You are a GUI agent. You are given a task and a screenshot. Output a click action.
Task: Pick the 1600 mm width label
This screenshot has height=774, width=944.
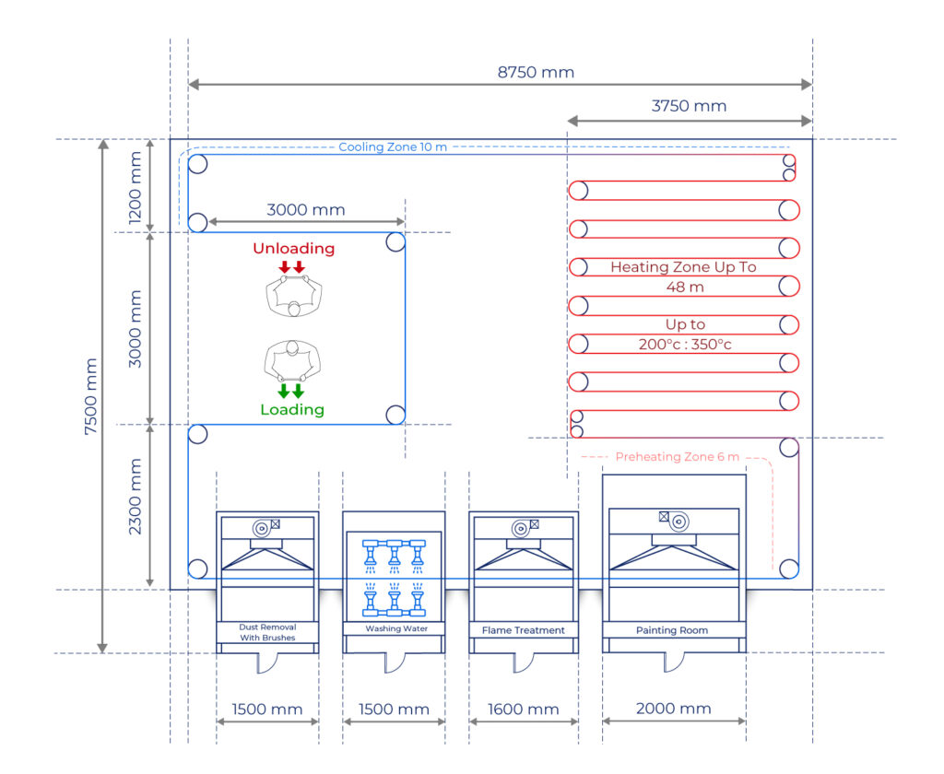tap(523, 709)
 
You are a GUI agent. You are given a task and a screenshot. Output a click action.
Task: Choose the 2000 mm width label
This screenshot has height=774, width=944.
tap(674, 709)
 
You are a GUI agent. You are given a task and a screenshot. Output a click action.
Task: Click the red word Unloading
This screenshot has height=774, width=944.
tap(293, 249)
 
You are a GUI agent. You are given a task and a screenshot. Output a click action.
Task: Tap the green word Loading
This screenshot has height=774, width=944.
tap(292, 410)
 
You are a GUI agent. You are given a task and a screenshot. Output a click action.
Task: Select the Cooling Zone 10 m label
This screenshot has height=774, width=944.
tap(393, 147)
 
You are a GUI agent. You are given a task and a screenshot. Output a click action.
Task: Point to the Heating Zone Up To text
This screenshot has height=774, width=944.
tap(683, 267)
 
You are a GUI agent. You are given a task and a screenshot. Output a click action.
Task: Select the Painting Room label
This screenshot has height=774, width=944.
tap(673, 630)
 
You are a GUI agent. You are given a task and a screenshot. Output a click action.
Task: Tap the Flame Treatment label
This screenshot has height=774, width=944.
tap(523, 630)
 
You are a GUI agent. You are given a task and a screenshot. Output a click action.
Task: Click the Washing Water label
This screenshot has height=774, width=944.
tap(394, 629)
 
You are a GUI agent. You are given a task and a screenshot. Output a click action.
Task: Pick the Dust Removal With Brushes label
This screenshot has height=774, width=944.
tap(267, 632)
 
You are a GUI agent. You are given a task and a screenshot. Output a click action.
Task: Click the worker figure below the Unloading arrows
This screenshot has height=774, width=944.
tap(294, 298)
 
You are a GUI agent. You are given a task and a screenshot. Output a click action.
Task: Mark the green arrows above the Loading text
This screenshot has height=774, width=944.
tap(291, 390)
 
